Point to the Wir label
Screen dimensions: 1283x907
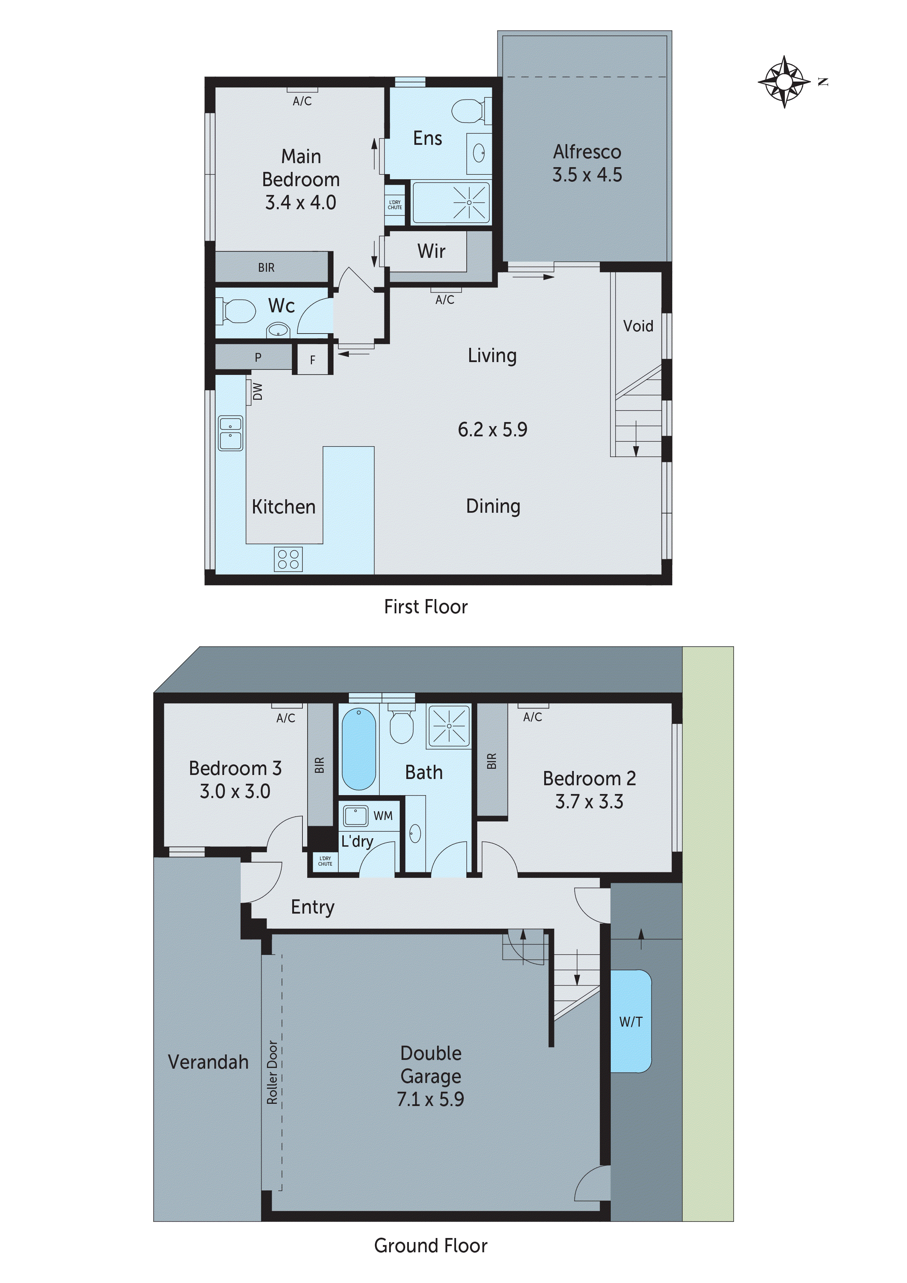click(431, 252)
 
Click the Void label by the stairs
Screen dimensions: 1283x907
click(637, 326)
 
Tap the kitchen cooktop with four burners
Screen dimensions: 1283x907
click(288, 559)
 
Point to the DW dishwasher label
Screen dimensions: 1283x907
click(257, 392)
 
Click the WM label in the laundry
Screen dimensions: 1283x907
click(383, 816)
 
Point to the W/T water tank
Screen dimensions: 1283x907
click(631, 1022)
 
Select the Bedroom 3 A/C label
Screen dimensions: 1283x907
click(286, 718)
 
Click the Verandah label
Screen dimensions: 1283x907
click(208, 1062)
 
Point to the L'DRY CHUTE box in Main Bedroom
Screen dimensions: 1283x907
click(395, 205)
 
